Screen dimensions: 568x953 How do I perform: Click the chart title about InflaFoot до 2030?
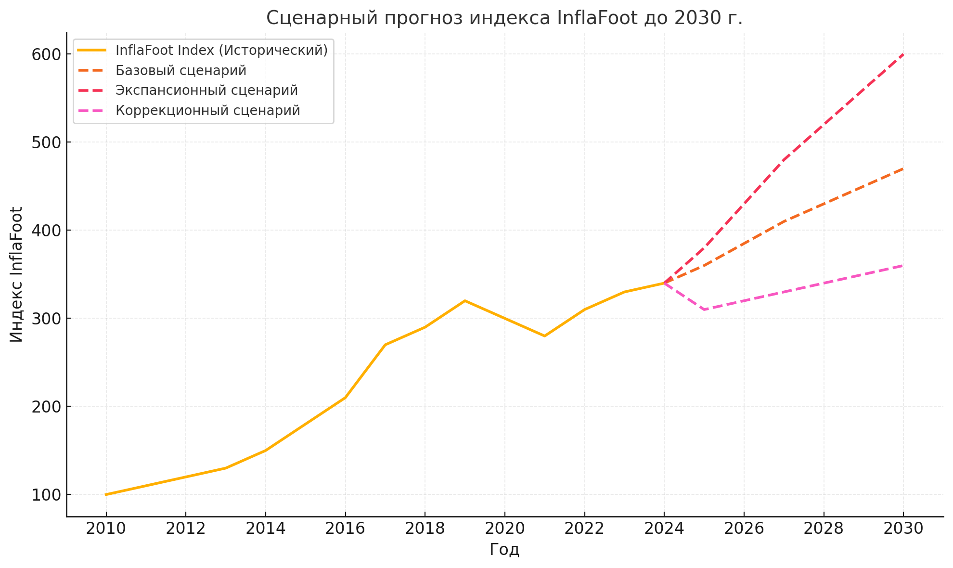click(504, 18)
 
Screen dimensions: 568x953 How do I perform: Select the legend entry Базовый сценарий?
click(181, 71)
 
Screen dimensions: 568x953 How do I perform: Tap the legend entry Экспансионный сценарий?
click(206, 90)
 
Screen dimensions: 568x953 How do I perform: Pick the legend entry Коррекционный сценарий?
click(207, 111)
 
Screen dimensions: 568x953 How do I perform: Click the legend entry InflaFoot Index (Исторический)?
click(221, 50)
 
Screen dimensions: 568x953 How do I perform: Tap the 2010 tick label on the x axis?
click(106, 529)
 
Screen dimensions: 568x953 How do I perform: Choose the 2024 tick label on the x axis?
click(664, 529)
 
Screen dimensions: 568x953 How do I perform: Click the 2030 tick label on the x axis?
click(903, 529)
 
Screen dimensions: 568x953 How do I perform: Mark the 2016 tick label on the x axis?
click(345, 529)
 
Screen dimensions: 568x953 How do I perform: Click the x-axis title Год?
click(504, 550)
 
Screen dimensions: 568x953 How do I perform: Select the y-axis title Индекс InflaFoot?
click(17, 274)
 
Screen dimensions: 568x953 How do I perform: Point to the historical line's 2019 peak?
click(465, 301)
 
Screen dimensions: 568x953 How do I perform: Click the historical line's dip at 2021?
click(544, 336)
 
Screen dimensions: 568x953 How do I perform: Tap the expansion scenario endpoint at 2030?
click(903, 54)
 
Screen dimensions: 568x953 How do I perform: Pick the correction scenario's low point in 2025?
click(704, 310)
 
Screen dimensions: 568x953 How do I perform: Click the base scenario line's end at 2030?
click(903, 169)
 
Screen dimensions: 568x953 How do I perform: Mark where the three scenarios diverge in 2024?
click(664, 283)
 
